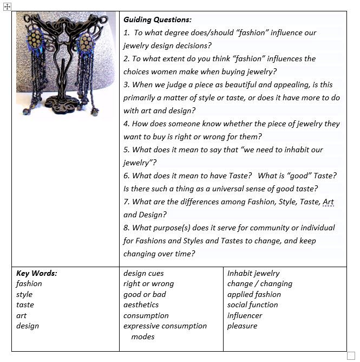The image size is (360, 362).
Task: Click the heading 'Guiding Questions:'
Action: (x=157, y=20)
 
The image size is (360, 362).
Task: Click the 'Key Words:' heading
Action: (x=36, y=273)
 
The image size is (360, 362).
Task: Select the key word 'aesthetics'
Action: (x=141, y=305)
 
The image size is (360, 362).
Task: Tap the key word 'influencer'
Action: (x=245, y=315)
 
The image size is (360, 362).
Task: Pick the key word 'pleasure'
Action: (x=242, y=326)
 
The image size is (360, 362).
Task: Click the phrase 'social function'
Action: (x=252, y=305)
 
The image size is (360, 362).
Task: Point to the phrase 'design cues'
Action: (x=143, y=273)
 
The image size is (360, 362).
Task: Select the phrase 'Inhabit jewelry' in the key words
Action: (x=253, y=273)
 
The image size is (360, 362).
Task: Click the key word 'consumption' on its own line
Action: (x=146, y=315)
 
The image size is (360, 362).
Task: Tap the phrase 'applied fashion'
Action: (x=254, y=294)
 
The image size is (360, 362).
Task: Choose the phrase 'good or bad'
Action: (x=145, y=294)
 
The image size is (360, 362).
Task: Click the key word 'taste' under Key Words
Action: (x=25, y=305)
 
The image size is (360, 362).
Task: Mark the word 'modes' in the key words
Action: (x=142, y=337)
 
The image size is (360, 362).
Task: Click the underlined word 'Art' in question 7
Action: (x=328, y=202)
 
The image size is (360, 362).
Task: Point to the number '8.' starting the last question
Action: (x=127, y=228)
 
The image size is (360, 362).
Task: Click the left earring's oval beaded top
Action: (x=36, y=40)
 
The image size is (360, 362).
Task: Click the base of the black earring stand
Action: (x=61, y=104)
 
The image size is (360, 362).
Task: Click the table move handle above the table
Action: (x=7, y=7)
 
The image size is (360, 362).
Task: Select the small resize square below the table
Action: (x=351, y=355)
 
